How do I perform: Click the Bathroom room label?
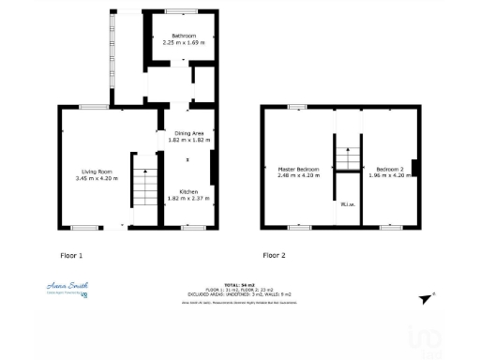point(184,36)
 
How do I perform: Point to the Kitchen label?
point(188,192)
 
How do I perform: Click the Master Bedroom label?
point(298,170)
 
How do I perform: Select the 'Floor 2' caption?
point(274,255)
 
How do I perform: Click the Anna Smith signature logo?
point(67,288)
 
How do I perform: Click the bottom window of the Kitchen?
point(192,227)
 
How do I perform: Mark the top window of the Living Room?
point(92,107)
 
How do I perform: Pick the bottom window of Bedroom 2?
point(392,227)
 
